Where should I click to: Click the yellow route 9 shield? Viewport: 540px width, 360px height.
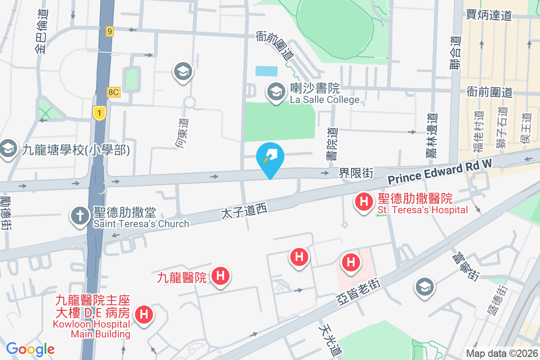[x=110, y=31]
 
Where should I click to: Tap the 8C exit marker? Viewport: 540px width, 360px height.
[x=113, y=92]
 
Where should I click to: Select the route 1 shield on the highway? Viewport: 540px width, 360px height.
[x=99, y=112]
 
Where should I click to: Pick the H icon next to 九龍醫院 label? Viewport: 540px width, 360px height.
[x=220, y=275]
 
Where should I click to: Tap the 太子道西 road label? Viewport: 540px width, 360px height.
[x=245, y=210]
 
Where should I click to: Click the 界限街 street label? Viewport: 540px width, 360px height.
[x=356, y=173]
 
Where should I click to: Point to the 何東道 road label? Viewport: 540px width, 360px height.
[x=182, y=133]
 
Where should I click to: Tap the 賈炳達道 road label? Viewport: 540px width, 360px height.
[x=489, y=15]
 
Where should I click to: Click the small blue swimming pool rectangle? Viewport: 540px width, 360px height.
[x=266, y=71]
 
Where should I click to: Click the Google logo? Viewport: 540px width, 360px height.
[x=30, y=349]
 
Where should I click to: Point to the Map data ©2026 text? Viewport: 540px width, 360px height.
[x=501, y=353]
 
